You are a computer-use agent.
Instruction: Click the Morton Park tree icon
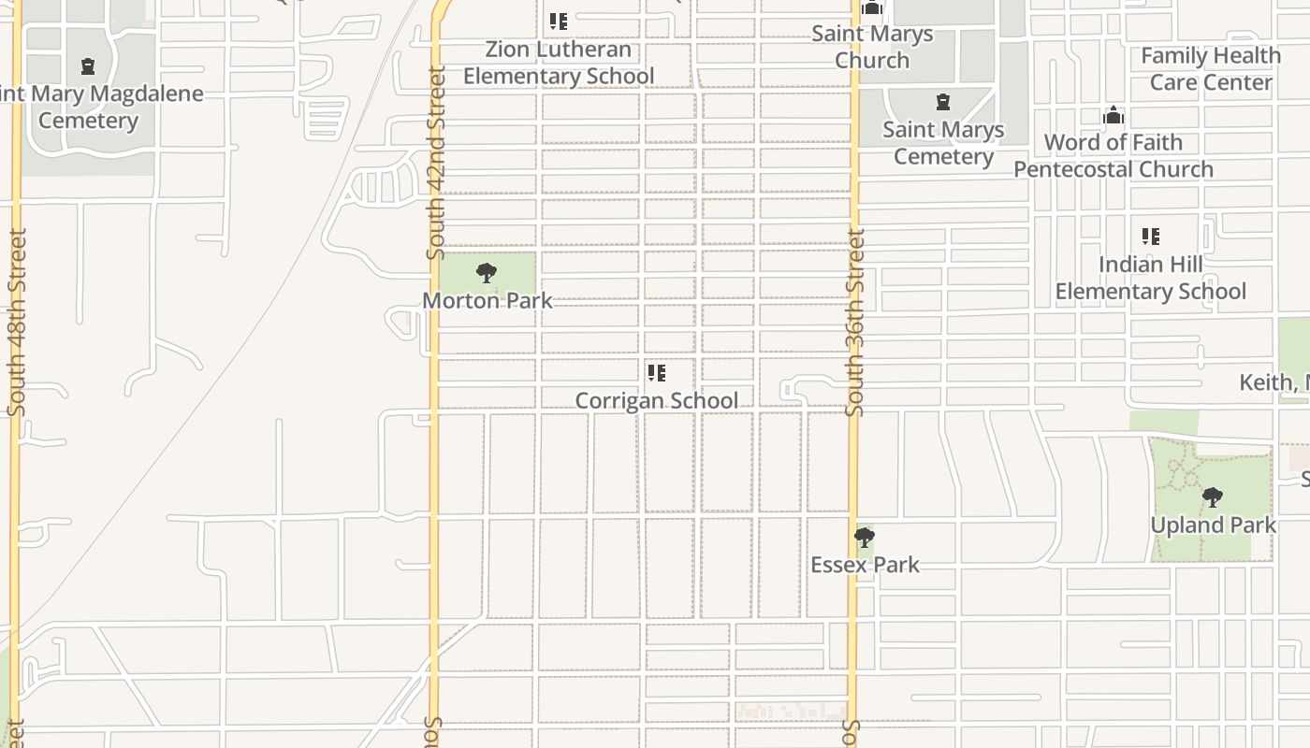[x=486, y=273]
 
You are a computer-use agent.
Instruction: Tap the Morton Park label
[x=488, y=301]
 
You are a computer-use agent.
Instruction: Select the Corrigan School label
[x=656, y=401]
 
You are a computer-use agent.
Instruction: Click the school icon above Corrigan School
[x=657, y=373]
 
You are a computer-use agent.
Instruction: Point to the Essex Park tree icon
[x=864, y=538]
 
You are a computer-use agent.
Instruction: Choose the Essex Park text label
[x=865, y=565]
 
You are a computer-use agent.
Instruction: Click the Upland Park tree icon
[x=1212, y=496]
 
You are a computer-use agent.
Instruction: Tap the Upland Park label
[x=1213, y=525]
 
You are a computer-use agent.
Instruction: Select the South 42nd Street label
[x=436, y=163]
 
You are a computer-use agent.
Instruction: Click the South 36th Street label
[x=855, y=323]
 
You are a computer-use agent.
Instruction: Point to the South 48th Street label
[x=17, y=323]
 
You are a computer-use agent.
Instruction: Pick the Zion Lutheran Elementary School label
[x=559, y=63]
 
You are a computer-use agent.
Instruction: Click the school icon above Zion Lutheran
[x=559, y=21]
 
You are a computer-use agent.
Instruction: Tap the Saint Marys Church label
[x=872, y=47]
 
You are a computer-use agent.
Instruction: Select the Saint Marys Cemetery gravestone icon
[x=943, y=102]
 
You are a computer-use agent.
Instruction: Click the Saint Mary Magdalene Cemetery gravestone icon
[x=88, y=66]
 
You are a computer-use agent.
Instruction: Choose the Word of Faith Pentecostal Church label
[x=1113, y=156]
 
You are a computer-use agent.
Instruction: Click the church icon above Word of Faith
[x=1113, y=115]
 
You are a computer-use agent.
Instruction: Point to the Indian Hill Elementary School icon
[x=1151, y=237]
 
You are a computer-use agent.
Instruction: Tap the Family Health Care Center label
[x=1211, y=69]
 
